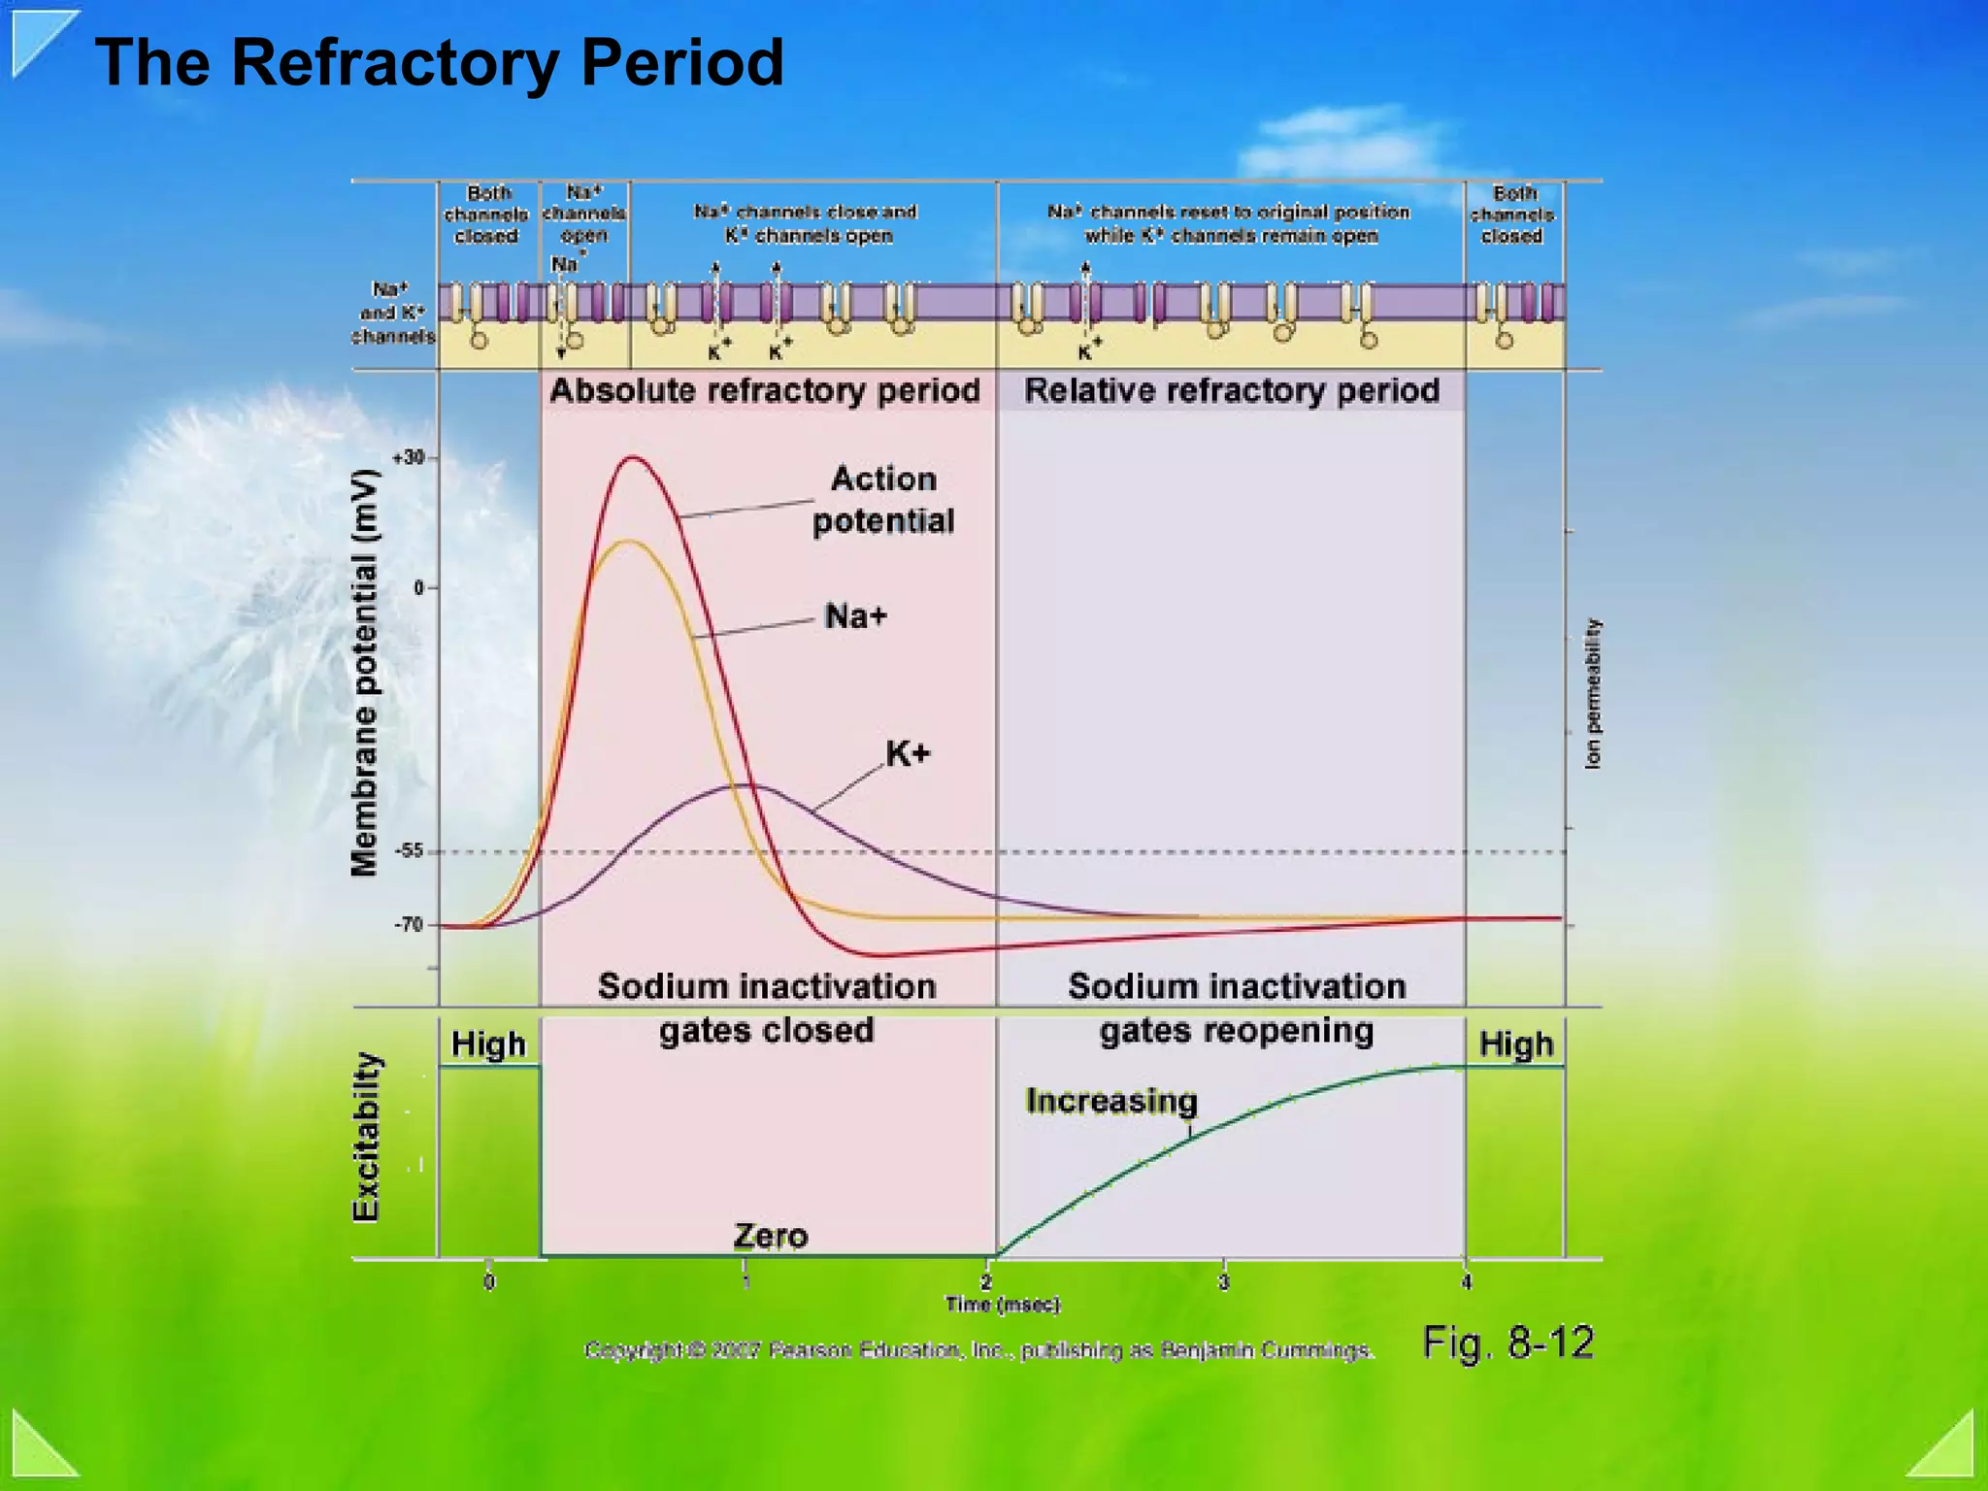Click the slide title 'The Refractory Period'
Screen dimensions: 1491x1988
coord(439,63)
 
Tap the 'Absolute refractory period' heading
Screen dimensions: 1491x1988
coord(765,390)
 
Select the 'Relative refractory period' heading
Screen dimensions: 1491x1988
coord(1232,390)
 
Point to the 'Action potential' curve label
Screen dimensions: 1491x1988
coord(883,500)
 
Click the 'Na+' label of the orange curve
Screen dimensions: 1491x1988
coord(855,616)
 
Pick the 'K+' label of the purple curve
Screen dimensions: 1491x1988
coord(908,753)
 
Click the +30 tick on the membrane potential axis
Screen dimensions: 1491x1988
coord(410,457)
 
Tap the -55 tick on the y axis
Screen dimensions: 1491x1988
coord(410,851)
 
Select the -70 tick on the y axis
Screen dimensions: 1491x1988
coord(410,924)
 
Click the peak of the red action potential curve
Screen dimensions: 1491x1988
coord(633,457)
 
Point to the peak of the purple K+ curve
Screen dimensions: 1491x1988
coord(745,784)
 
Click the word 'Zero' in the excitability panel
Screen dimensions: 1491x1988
coord(771,1236)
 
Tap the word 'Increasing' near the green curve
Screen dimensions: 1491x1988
coord(1111,1101)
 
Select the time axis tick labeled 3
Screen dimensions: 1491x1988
coord(1224,1282)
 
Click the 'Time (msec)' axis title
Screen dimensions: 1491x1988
coord(1003,1305)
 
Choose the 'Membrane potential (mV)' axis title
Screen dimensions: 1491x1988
coord(364,673)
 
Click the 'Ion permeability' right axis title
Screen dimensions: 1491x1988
coord(1592,694)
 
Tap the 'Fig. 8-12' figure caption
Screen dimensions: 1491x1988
coord(1508,1343)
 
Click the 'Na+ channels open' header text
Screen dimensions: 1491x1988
coord(583,214)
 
